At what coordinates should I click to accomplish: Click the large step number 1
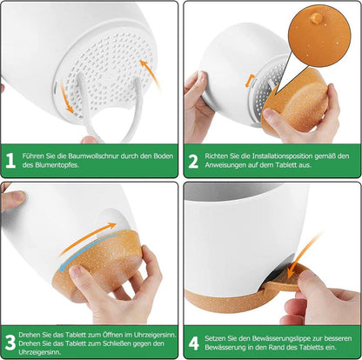[x=10, y=160]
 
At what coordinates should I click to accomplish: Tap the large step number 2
[x=193, y=161]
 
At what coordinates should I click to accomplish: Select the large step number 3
[x=10, y=343]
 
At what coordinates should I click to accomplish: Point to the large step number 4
[x=194, y=343]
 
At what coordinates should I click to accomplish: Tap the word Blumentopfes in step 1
[x=57, y=165]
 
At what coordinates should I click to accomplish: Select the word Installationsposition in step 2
[x=282, y=156]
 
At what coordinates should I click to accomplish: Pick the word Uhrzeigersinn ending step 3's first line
[x=155, y=335]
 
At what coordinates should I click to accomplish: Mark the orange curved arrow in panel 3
[x=87, y=238]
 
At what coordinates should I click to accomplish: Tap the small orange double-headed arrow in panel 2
[x=250, y=81]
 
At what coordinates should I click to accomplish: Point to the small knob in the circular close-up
[x=316, y=18]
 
